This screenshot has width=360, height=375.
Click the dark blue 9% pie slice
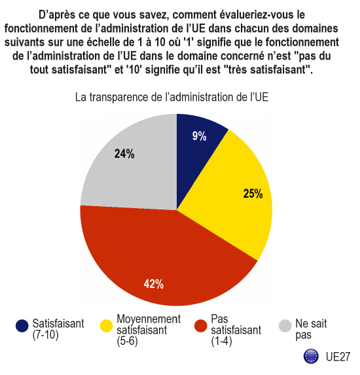click(196, 153)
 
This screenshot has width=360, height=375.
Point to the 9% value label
click(199, 136)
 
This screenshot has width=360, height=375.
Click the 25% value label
click(253, 194)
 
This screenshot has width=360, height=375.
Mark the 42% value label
click(154, 284)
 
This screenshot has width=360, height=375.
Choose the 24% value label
click(124, 154)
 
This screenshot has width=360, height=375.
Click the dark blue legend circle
click(22, 326)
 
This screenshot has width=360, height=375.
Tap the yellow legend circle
click(106, 326)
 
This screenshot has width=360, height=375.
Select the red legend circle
click(200, 326)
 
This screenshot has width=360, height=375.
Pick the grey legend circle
click(285, 326)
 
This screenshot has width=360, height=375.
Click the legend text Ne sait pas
click(311, 329)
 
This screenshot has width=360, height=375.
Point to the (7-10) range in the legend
click(45, 335)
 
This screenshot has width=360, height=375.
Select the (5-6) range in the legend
click(127, 341)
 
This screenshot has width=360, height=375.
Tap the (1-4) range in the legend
click(221, 341)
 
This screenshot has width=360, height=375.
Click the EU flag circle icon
click(311, 356)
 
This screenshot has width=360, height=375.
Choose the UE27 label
click(338, 357)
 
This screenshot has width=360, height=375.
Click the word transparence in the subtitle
click(119, 98)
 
